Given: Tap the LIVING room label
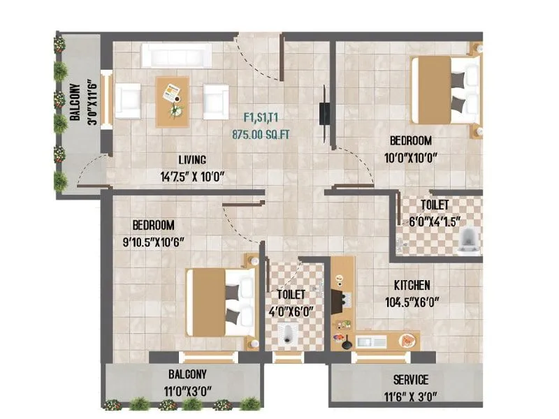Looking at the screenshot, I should [191, 160].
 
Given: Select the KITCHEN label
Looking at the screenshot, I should [412, 286].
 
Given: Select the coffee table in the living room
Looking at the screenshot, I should [172, 98].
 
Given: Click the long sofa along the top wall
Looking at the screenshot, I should [177, 55].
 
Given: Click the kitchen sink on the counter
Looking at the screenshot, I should [371, 341].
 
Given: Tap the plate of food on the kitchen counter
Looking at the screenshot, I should [407, 340].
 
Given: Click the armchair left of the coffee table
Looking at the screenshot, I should [129, 100].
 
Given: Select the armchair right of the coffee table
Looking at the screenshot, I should [216, 100].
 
